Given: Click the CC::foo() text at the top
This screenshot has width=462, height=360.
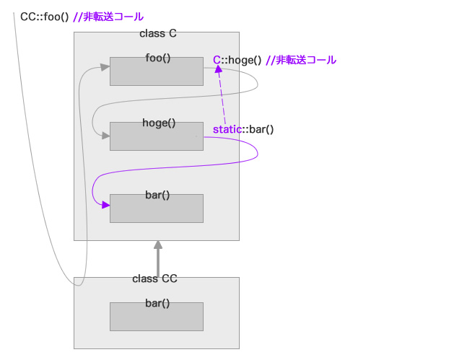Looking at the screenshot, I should click(45, 17).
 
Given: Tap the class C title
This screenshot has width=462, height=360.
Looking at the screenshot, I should click(157, 34).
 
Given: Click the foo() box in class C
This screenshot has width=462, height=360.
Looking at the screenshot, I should click(156, 71).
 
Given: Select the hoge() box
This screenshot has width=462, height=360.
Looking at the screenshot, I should click(156, 136).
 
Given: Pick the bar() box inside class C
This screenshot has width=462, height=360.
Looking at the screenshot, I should click(156, 208).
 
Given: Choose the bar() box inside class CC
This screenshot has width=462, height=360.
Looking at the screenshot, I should click(156, 316).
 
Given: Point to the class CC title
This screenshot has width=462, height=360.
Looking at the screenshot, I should click(154, 278).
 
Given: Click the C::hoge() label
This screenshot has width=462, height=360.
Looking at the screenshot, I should click(237, 60).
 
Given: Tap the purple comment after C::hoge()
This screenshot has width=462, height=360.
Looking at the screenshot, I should click(301, 60).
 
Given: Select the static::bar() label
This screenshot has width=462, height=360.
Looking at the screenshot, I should click(243, 129).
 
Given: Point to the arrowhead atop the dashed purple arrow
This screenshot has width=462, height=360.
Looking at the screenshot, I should click(219, 69).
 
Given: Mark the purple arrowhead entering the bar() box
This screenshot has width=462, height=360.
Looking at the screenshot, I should click(105, 206).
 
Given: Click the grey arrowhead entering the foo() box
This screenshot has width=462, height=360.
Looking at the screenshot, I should click(105, 67).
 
